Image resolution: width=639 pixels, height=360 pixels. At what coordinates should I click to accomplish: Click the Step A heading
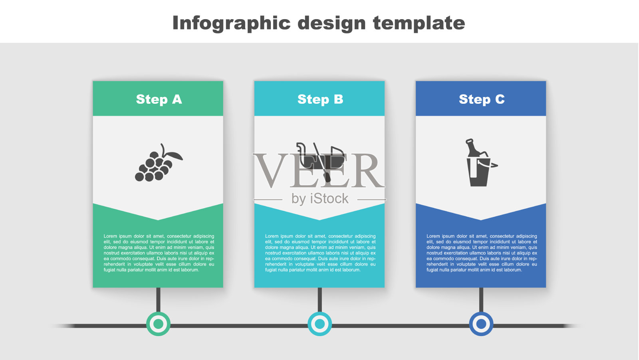click(159, 99)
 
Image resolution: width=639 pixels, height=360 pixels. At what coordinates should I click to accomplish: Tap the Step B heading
click(320, 99)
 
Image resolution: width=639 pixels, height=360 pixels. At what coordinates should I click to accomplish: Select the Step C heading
click(482, 99)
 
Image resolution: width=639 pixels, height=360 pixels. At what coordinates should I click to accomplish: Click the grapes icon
click(158, 162)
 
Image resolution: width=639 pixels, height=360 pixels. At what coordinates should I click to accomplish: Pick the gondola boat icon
click(320, 162)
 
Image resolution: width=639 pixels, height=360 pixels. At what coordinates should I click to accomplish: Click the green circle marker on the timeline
click(158, 324)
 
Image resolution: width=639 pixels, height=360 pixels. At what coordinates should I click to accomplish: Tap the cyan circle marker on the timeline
click(320, 324)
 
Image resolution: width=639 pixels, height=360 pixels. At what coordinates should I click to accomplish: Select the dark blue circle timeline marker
click(481, 324)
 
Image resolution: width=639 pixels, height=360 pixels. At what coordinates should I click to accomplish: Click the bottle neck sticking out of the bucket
click(471, 147)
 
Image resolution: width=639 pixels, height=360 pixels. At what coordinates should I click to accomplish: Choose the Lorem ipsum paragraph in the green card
click(159, 253)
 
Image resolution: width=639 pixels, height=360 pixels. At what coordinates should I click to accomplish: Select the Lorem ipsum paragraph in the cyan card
click(320, 253)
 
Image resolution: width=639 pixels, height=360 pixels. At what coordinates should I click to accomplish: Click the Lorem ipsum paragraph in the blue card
click(482, 253)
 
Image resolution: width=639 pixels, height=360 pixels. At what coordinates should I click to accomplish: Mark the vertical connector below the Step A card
click(158, 300)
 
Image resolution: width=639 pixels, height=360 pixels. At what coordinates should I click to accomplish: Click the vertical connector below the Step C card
click(481, 300)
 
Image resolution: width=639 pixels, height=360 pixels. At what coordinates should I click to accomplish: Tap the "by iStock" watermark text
click(320, 199)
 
